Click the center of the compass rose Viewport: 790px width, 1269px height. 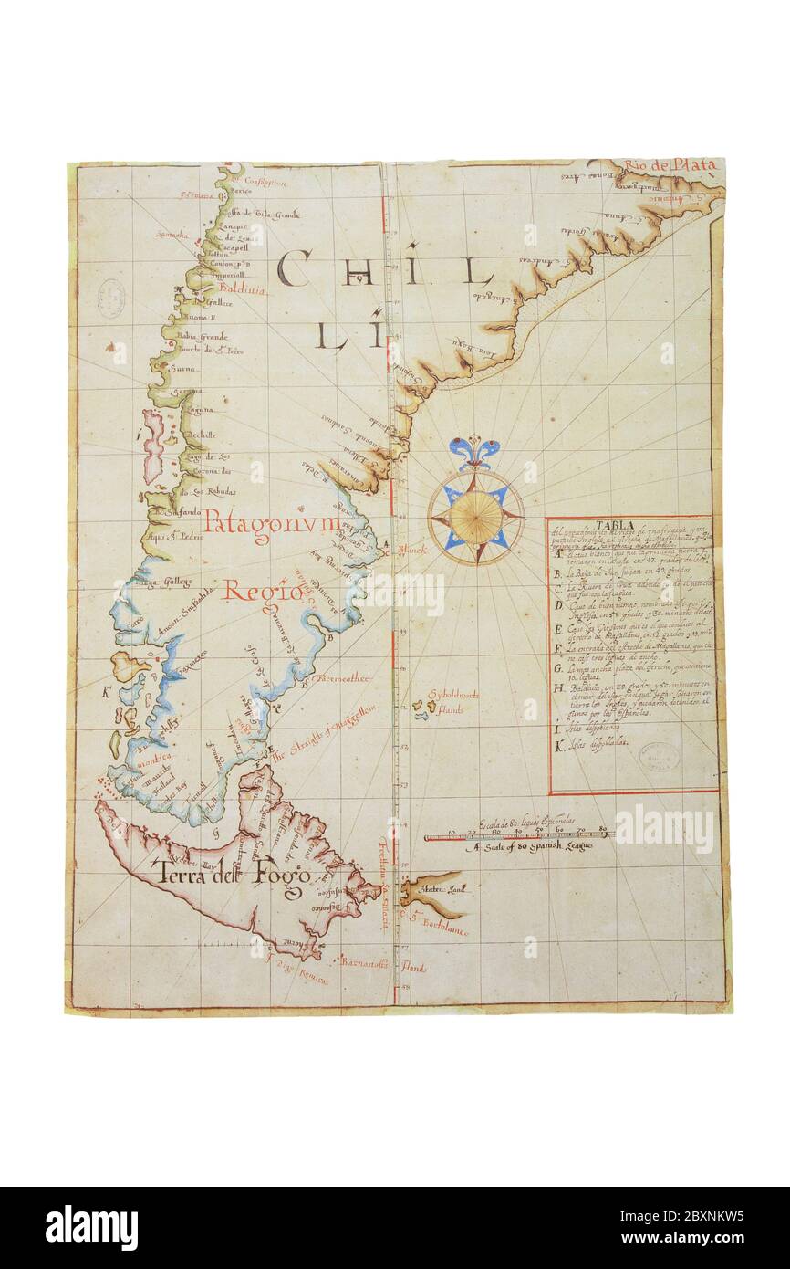475,517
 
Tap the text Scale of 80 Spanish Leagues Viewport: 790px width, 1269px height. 535,848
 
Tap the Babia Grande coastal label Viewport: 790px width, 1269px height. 203,335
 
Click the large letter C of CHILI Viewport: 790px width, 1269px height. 295,268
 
